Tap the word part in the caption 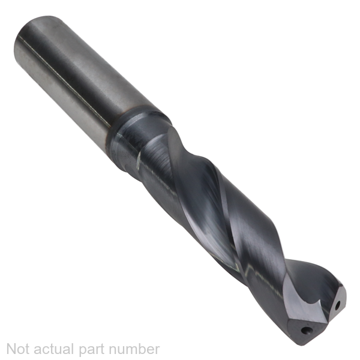(x=91, y=350)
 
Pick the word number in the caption (x=134, y=349)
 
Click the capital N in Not (x=12, y=349)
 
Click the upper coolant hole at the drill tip (x=337, y=305)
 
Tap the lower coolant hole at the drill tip (x=304, y=331)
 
